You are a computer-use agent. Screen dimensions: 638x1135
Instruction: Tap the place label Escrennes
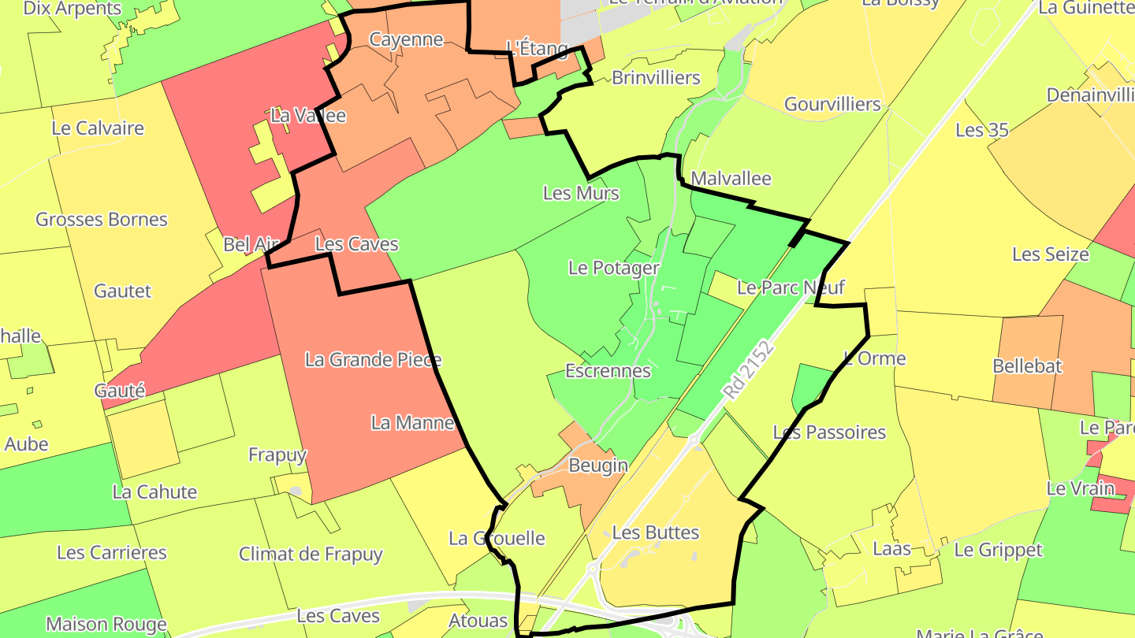[608, 370]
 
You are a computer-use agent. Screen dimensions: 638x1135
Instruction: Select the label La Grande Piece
[373, 360]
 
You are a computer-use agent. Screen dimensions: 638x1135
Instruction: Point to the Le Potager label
[613, 268]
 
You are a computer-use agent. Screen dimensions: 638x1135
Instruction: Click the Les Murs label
[582, 193]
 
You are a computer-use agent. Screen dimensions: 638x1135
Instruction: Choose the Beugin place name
[598, 466]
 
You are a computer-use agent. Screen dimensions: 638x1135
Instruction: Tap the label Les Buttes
[656, 532]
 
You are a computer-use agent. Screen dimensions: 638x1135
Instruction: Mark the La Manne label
[413, 423]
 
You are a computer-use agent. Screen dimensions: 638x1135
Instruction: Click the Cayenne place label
[406, 39]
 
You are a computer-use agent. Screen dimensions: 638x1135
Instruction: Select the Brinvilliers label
[656, 78]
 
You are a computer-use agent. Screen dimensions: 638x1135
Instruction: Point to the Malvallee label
[731, 178]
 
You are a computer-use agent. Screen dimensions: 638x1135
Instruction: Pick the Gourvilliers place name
[832, 104]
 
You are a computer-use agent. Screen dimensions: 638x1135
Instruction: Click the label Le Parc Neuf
[791, 287]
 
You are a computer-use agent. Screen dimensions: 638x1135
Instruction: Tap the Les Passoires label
[829, 432]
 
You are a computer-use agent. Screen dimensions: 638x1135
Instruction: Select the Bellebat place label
[1027, 366]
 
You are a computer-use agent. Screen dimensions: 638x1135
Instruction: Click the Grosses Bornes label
[102, 219]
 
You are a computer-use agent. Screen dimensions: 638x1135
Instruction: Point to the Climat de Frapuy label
[311, 554]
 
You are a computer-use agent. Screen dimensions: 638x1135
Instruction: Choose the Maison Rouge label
[106, 625]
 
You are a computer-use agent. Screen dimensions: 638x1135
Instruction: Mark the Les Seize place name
[1050, 254]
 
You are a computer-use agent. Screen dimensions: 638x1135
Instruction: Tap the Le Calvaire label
[98, 128]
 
